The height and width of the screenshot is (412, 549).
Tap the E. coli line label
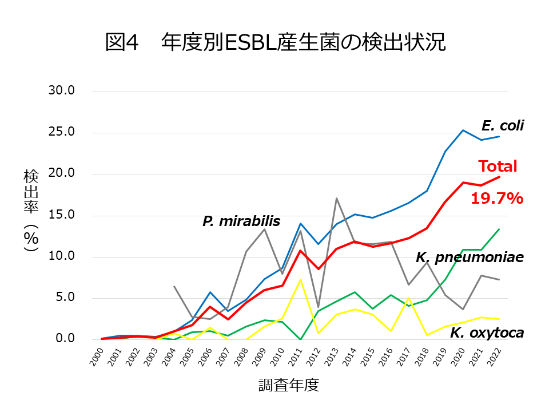click(x=502, y=126)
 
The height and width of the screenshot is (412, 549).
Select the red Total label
click(x=497, y=167)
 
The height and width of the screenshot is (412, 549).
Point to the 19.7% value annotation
click(x=496, y=199)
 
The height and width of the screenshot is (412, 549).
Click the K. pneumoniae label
click(x=470, y=258)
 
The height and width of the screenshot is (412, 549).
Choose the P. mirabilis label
click(x=241, y=221)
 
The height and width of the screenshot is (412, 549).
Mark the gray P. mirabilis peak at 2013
click(x=337, y=198)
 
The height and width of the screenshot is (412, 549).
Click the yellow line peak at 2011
click(x=301, y=279)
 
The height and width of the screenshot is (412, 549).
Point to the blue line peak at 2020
click(x=463, y=130)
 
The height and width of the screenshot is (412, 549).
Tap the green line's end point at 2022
click(x=499, y=229)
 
